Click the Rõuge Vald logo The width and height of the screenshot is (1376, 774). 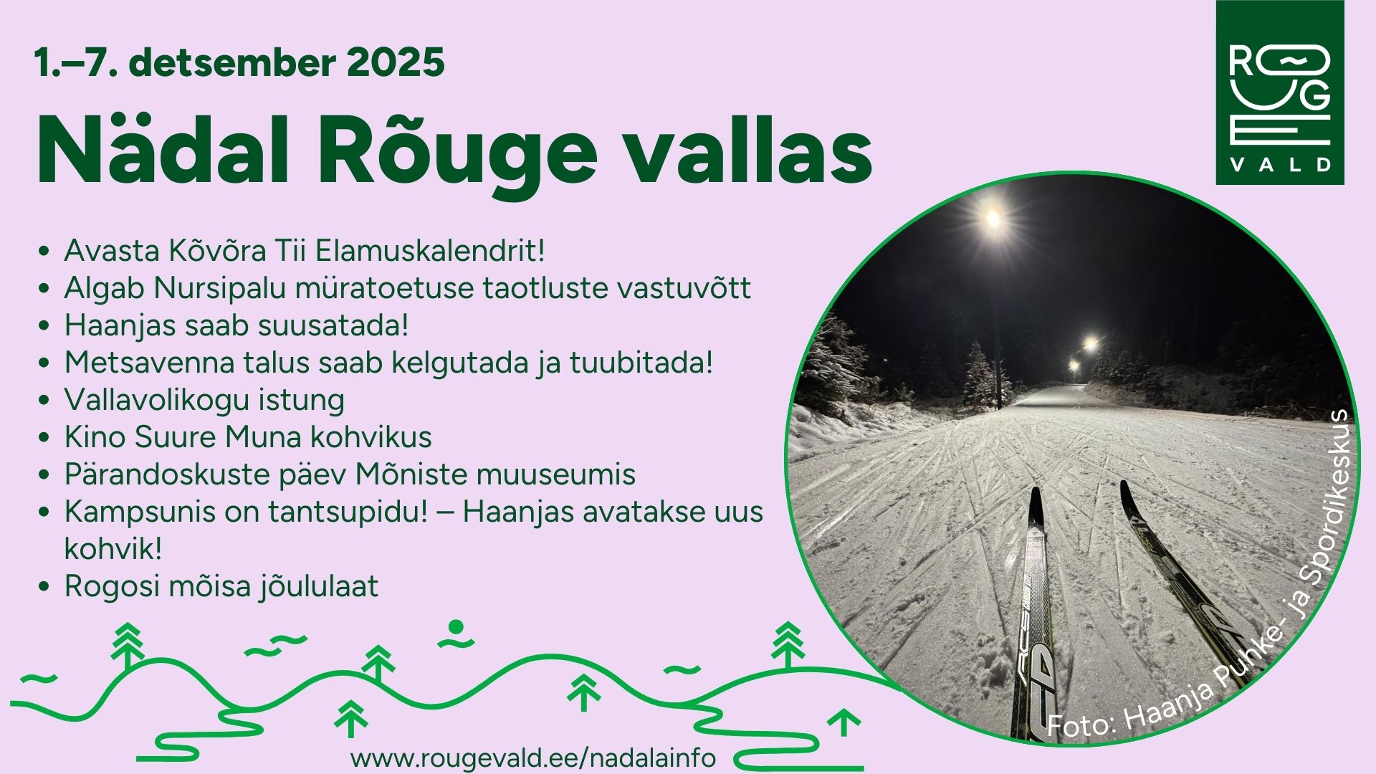[x=1280, y=92]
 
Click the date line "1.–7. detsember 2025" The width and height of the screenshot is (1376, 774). [x=239, y=62]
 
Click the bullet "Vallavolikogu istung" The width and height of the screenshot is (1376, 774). [x=204, y=400]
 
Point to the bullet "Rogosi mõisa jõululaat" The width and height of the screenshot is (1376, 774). [x=221, y=586]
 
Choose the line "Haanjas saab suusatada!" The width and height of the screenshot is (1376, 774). [x=236, y=325]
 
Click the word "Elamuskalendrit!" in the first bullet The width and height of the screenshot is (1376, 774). [x=431, y=251]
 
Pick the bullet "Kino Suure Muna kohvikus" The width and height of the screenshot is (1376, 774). [x=248, y=437]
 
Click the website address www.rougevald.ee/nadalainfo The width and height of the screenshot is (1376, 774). [x=533, y=758]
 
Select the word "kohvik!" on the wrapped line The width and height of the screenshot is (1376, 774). [x=113, y=549]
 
